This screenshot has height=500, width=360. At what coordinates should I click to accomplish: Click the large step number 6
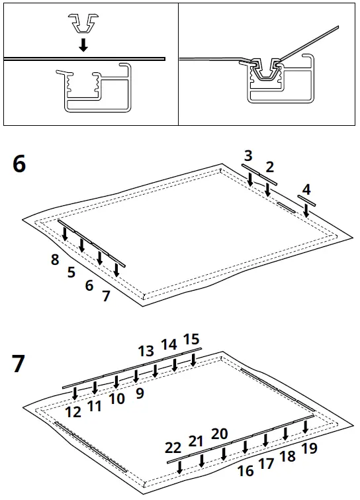click(19, 164)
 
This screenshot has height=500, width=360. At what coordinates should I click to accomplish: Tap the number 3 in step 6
click(248, 156)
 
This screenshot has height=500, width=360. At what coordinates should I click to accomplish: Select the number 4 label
click(306, 189)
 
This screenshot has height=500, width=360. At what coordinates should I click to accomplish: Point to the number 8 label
click(55, 260)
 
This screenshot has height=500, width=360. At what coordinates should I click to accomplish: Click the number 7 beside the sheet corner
click(106, 295)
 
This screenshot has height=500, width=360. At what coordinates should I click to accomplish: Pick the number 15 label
click(191, 340)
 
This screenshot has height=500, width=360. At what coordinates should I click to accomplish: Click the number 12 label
click(73, 411)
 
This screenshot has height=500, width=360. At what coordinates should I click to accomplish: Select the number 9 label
click(139, 393)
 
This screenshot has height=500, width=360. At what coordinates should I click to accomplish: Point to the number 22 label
click(173, 448)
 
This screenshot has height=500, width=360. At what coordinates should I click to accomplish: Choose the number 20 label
click(220, 434)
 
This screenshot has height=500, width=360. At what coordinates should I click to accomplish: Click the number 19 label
click(309, 449)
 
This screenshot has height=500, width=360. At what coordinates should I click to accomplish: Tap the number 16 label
click(246, 471)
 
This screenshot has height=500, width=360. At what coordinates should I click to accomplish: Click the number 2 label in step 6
click(269, 166)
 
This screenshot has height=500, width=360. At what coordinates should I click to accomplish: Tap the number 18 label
click(287, 456)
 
